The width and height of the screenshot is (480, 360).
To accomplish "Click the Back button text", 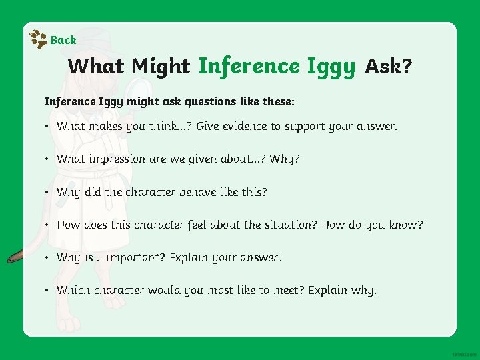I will click(63, 40).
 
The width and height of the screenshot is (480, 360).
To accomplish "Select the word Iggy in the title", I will click(331, 67).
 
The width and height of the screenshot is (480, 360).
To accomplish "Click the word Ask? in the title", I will click(388, 67).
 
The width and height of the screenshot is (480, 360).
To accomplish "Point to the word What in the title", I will click(97, 67).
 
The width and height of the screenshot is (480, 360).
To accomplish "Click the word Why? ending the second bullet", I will click(288, 159).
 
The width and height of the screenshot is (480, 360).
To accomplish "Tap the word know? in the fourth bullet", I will click(405, 225).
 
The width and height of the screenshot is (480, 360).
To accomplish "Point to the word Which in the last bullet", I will click(73, 290).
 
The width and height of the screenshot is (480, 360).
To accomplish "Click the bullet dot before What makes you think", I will click(48, 126).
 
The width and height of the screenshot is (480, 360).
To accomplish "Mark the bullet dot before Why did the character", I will click(48, 192).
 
